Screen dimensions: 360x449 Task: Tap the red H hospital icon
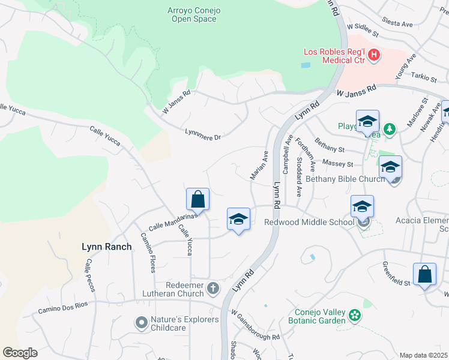(374, 55)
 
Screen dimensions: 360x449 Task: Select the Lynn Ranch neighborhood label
(106, 247)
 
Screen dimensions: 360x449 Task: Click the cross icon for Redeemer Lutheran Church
(212, 289)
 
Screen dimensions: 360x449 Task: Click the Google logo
(20, 352)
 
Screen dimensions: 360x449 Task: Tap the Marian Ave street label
(259, 165)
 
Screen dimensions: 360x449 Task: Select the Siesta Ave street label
(399, 24)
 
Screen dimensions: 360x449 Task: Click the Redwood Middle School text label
(309, 223)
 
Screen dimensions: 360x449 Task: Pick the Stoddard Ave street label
(298, 178)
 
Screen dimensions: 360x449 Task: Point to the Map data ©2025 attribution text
(423, 355)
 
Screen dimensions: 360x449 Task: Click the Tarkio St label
(424, 77)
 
